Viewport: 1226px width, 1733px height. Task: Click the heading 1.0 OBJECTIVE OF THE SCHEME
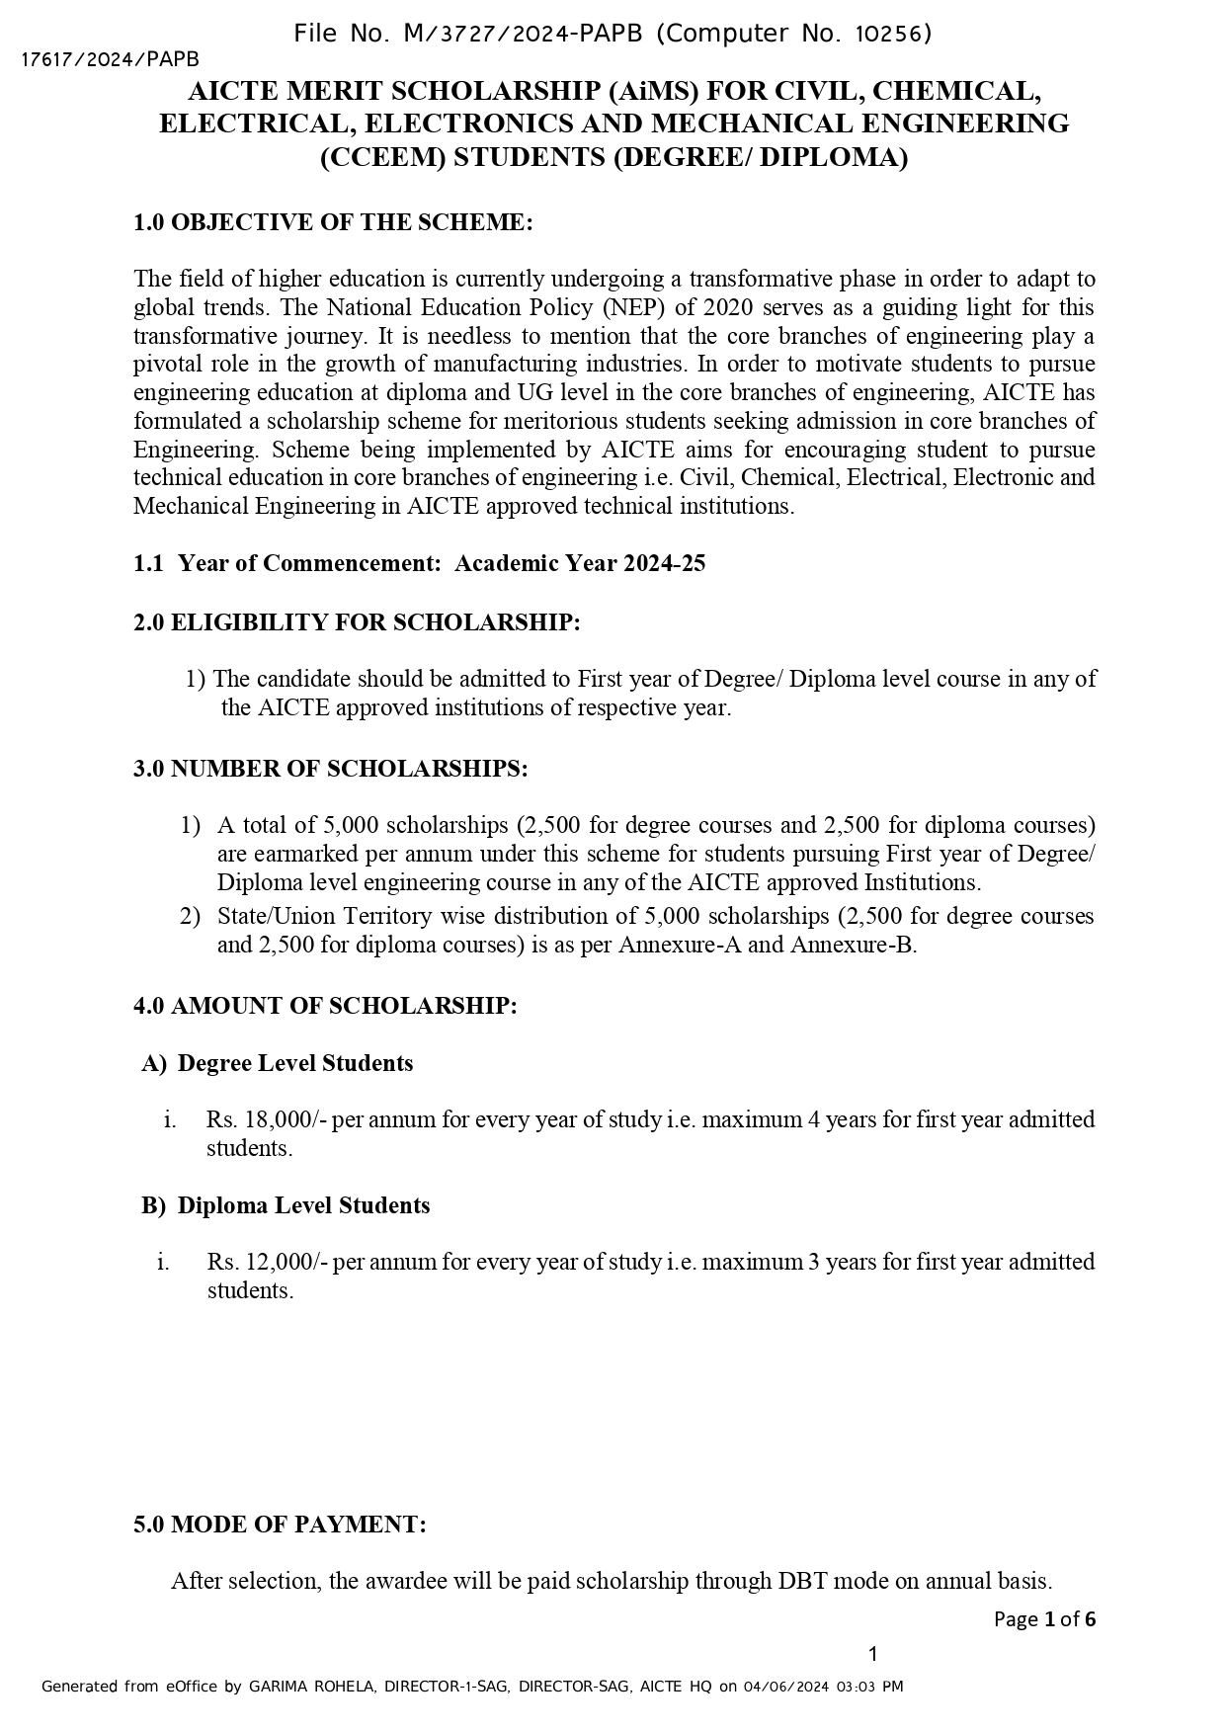333,222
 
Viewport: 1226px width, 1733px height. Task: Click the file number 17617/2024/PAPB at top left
110,60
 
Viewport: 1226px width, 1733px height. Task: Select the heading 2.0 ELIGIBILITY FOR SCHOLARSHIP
357,622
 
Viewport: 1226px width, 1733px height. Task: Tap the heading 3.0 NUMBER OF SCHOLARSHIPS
330,769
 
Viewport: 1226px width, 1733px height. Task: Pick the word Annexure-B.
853,945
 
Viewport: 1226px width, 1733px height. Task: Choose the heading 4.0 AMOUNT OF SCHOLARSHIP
325,1006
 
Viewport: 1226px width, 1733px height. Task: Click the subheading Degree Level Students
294,1063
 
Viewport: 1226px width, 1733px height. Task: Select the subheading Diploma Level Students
303,1205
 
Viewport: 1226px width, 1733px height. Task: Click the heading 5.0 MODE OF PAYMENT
280,1525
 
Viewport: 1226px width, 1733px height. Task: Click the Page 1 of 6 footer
1044,1619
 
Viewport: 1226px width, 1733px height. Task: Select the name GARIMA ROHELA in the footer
310,1687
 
